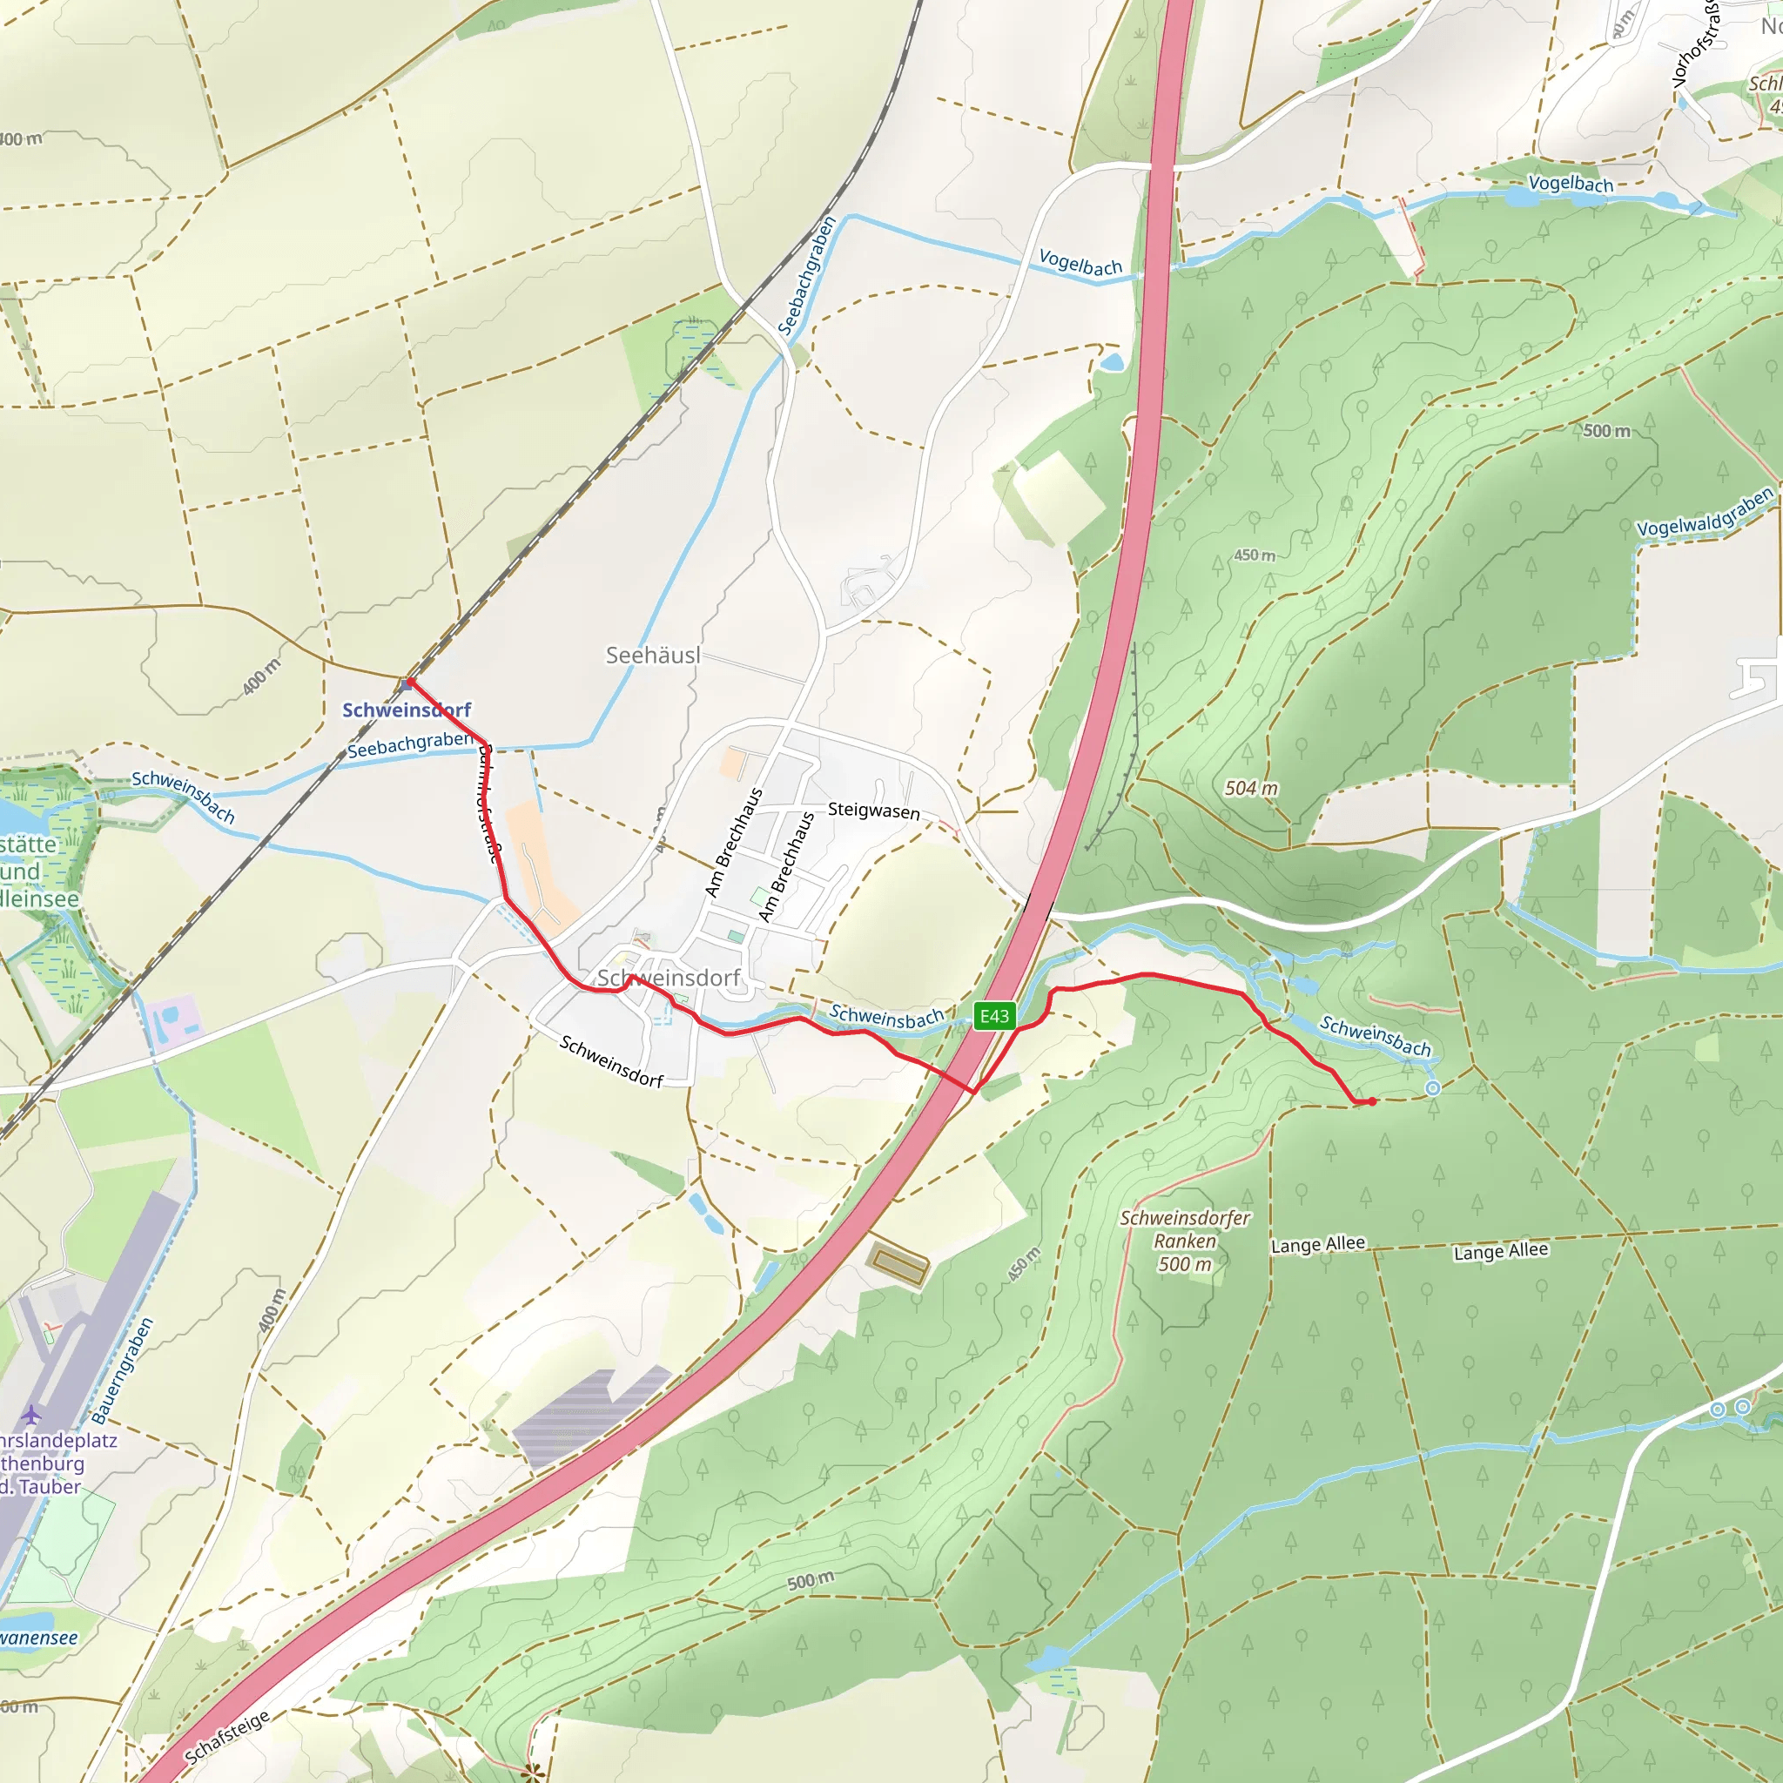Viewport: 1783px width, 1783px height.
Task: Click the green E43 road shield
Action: pyautogui.click(x=994, y=1016)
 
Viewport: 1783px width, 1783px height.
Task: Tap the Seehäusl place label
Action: pyautogui.click(x=652, y=656)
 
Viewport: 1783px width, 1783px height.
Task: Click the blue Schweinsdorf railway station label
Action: pyautogui.click(x=406, y=710)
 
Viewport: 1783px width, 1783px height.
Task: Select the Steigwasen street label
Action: pyautogui.click(x=873, y=811)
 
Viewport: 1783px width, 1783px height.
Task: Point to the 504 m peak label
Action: pyautogui.click(x=1250, y=788)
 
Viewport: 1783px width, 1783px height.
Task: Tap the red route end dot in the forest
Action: pyautogui.click(x=1372, y=1101)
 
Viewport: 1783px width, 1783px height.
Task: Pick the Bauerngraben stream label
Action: pyautogui.click(x=123, y=1371)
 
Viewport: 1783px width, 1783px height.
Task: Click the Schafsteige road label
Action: pyautogui.click(x=227, y=1736)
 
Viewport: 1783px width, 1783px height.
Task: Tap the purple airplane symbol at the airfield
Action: pyautogui.click(x=31, y=1414)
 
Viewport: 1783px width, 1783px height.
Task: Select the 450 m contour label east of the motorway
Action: pyautogui.click(x=1255, y=555)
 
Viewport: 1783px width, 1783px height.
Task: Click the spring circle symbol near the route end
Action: pyautogui.click(x=1432, y=1088)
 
